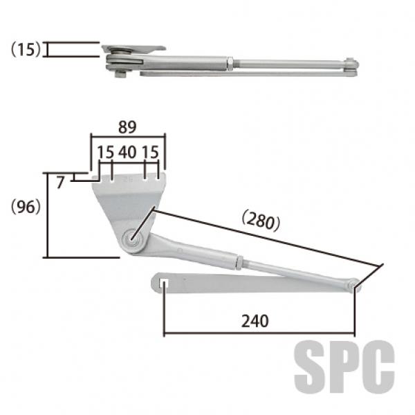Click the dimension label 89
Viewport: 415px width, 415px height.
tap(127, 127)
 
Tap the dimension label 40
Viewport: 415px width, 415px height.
tap(127, 152)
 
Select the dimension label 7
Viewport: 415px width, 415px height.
tap(60, 183)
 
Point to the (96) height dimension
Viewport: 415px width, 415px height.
tap(26, 207)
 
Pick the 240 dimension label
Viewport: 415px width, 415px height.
tap(255, 321)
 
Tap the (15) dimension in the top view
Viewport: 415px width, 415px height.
tap(26, 50)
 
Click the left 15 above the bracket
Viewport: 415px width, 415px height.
tap(105, 152)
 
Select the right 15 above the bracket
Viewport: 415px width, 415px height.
tap(150, 152)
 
